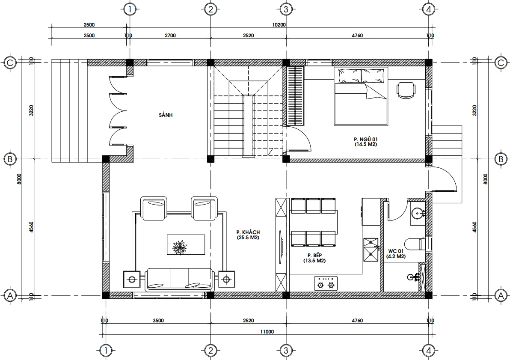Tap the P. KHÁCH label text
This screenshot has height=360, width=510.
248,232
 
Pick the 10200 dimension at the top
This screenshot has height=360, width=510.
279,25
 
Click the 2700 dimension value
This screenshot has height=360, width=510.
170,36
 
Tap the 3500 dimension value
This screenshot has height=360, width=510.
158,320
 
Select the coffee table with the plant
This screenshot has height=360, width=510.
186,245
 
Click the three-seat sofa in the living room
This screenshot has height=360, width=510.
180,280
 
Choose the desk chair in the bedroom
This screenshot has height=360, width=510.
406,90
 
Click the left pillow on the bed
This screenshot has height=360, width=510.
350,76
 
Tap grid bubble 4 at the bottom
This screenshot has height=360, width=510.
428,351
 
